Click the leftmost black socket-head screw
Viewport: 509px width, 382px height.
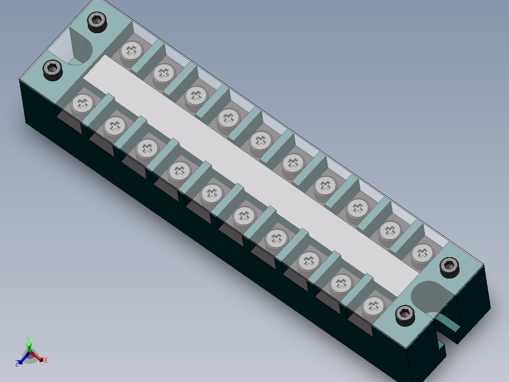52,70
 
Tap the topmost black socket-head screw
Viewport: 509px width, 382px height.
97,22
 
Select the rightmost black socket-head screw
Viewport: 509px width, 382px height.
450,267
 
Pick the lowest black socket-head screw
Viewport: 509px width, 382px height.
405,315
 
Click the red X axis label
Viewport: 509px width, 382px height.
46,360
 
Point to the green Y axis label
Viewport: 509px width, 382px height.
28,339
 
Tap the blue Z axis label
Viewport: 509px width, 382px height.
17,364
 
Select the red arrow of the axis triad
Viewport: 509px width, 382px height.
37,356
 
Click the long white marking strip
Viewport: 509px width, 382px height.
251,176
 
